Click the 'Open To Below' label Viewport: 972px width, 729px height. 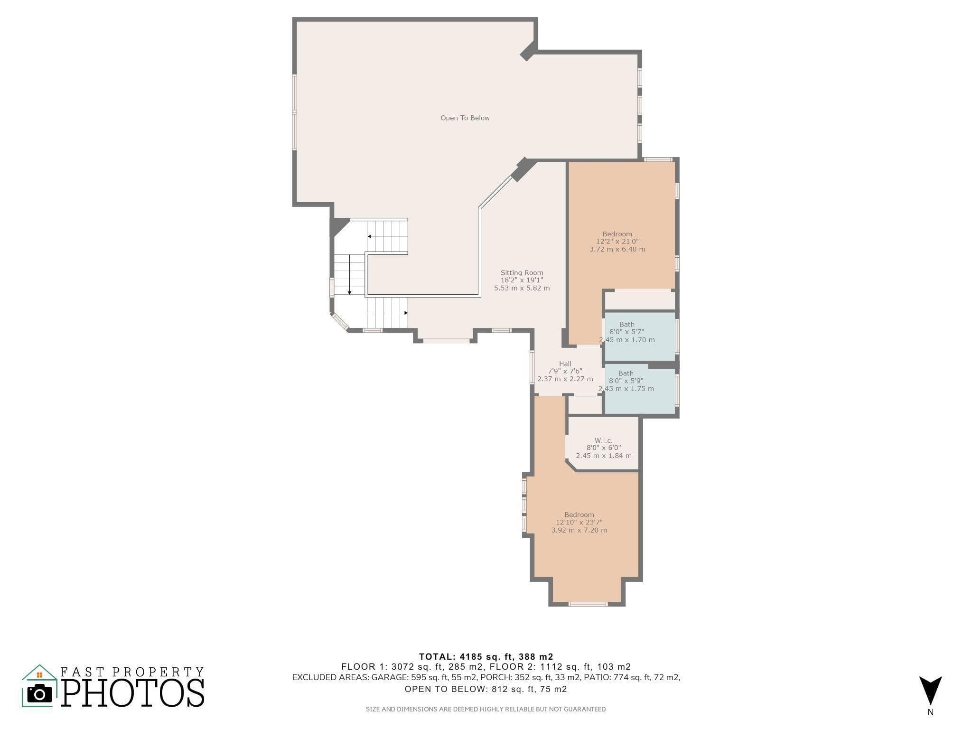[x=465, y=118]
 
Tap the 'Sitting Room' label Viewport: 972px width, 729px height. [x=522, y=273]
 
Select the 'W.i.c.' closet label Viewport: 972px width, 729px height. [x=604, y=440]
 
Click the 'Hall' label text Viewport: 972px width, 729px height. [x=565, y=364]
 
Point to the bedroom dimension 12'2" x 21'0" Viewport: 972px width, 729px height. [x=617, y=242]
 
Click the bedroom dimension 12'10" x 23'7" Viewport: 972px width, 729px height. [x=579, y=523]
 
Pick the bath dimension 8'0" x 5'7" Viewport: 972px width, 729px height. [x=626, y=332]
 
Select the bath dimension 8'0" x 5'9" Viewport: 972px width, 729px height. [x=626, y=381]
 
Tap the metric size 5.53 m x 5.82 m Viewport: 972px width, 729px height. [x=522, y=288]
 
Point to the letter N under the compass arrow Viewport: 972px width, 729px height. [x=930, y=712]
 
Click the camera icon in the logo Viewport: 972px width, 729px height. [x=39, y=694]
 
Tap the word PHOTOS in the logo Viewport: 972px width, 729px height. [x=132, y=692]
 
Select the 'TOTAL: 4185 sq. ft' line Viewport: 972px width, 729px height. [x=486, y=657]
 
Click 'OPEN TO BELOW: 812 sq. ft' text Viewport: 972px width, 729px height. [x=486, y=689]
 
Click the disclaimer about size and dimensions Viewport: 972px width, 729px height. [x=486, y=709]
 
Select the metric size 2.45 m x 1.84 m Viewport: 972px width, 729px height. [x=604, y=456]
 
